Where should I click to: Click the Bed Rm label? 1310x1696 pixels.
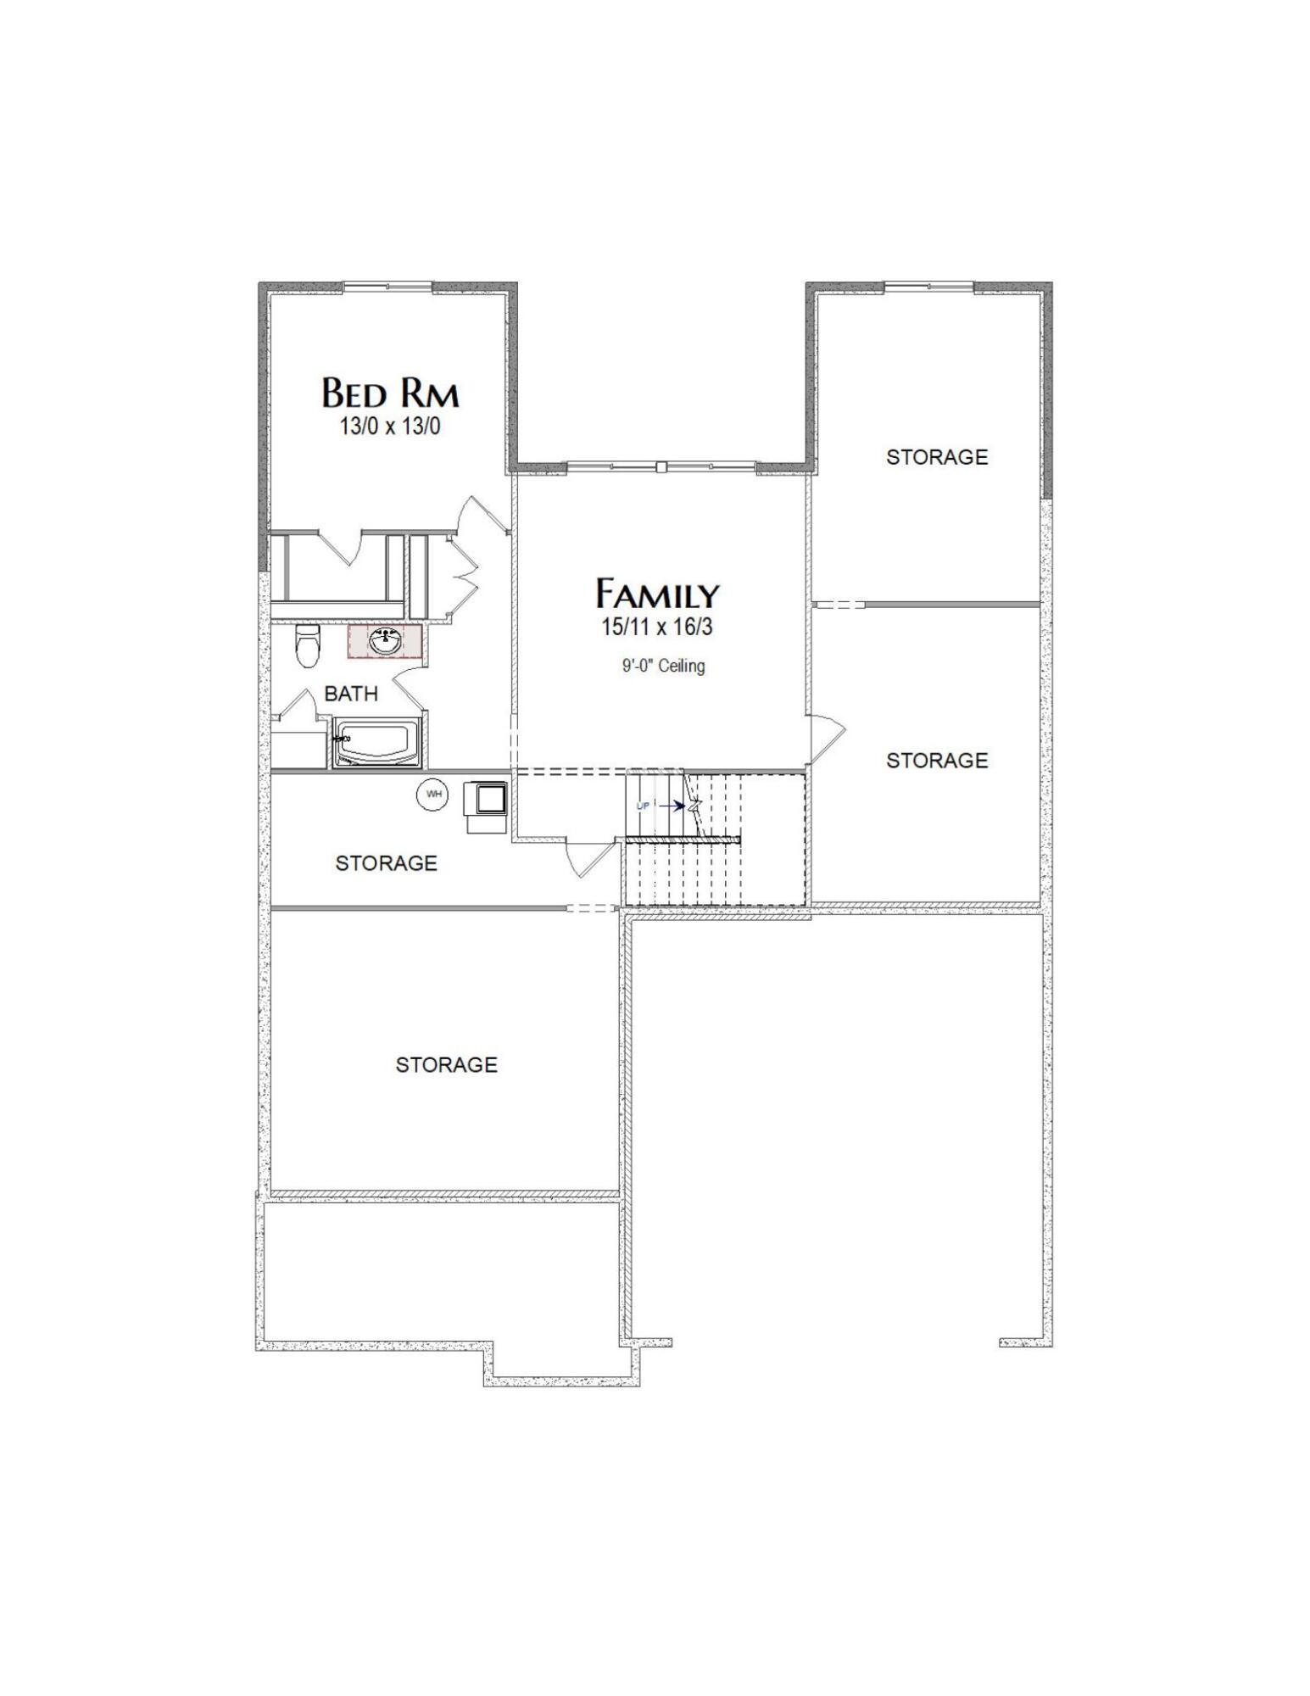390,393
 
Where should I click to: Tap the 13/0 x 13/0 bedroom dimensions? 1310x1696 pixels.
390,426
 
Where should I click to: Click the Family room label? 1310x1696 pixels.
657,594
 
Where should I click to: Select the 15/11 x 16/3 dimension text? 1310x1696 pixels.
657,628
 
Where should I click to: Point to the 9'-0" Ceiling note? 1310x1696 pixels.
663,666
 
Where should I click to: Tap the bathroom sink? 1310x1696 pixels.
386,641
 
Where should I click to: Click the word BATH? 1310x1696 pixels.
351,694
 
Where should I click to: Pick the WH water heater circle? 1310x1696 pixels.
433,795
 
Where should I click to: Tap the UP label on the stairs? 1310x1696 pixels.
643,806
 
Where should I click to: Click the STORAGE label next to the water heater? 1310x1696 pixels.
386,863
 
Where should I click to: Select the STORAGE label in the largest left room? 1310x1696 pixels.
446,1064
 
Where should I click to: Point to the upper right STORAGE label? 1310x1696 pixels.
937,457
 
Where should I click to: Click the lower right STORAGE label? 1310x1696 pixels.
937,760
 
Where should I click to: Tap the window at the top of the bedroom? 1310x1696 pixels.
387,287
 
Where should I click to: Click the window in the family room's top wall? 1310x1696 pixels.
661,466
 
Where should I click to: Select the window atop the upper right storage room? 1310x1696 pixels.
928,287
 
